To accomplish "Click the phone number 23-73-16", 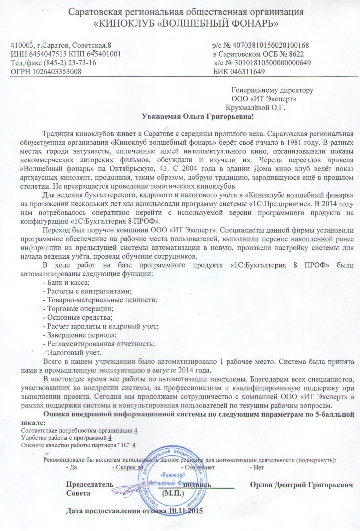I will point(84,63).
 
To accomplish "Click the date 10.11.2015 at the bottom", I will point(186,511).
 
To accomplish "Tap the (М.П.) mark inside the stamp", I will point(173,493).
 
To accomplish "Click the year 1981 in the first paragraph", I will point(294,143).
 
